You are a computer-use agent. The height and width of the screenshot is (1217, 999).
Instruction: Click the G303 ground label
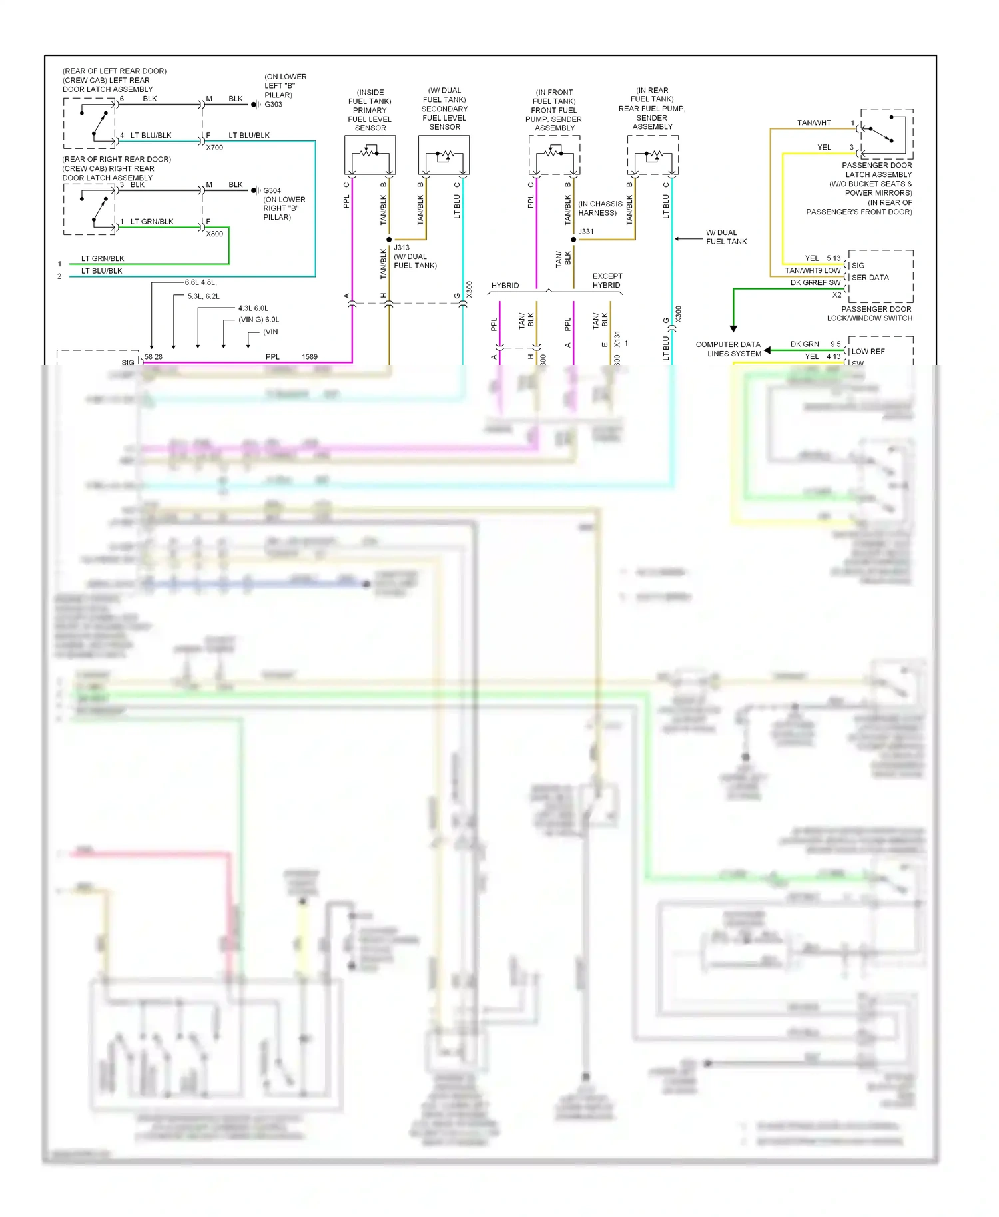click(274, 105)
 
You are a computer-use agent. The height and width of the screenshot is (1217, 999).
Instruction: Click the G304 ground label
click(272, 190)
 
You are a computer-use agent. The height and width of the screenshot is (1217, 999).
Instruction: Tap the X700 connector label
click(214, 148)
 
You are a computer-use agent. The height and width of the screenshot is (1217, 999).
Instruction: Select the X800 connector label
click(214, 234)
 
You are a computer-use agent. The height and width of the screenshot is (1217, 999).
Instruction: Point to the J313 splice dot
click(389, 239)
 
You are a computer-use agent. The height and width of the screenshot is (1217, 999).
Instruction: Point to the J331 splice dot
click(573, 239)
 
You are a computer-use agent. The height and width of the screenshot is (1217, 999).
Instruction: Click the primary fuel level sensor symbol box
click(370, 155)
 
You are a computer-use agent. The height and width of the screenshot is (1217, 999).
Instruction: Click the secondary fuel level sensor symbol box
click(444, 155)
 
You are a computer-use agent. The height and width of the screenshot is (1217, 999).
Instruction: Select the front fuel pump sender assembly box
click(554, 155)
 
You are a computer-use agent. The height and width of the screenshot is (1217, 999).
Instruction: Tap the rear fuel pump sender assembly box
click(653, 155)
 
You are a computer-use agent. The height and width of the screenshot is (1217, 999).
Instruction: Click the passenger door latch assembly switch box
click(886, 134)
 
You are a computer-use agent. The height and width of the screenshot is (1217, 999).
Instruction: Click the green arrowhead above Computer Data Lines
click(733, 328)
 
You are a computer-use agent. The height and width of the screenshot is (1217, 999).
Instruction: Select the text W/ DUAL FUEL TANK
click(726, 237)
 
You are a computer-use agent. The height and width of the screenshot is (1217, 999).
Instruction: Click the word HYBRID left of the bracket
click(505, 286)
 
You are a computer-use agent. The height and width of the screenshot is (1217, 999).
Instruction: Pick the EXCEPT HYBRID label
click(607, 280)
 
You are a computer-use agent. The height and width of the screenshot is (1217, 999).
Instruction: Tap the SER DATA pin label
click(870, 278)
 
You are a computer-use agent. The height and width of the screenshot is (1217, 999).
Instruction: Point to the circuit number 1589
click(310, 357)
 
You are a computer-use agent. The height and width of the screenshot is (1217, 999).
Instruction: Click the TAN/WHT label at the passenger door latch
click(814, 123)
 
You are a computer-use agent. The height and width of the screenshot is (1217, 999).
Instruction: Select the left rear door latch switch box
click(90, 123)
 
